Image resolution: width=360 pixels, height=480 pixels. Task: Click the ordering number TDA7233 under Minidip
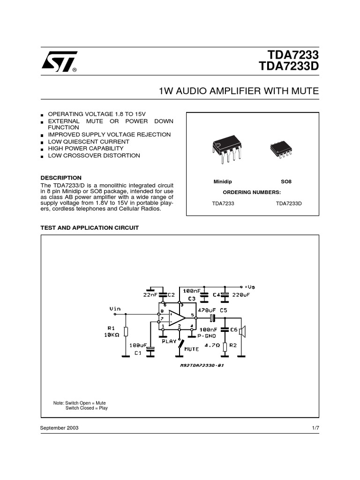click(223, 203)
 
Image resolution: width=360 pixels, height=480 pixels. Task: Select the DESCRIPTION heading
click(61, 178)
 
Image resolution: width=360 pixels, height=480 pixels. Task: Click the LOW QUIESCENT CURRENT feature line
click(89, 142)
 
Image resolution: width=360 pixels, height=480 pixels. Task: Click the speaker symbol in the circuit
click(242, 332)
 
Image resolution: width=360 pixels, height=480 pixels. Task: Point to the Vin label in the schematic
click(115, 308)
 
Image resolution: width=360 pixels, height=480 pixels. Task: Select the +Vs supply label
click(250, 286)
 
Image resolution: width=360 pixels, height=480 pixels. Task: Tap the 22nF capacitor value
click(150, 295)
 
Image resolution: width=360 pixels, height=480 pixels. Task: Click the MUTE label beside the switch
click(192, 349)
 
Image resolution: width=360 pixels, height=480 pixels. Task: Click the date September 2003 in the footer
click(60, 428)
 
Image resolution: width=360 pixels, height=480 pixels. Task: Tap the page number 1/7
click(315, 428)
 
